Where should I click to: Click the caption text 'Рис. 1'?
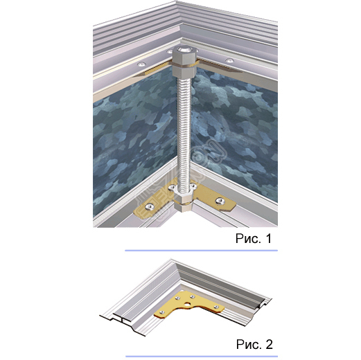(254, 238)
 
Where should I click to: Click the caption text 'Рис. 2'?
(254, 344)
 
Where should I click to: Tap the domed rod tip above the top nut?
(185, 49)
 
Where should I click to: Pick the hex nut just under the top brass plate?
(184, 72)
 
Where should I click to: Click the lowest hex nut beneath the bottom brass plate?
(184, 207)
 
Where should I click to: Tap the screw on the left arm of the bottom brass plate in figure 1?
(150, 206)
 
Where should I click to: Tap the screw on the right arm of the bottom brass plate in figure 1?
(220, 201)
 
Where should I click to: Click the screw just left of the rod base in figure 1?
(173, 188)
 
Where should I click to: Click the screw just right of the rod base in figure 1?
(193, 186)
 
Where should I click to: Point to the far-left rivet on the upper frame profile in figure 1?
(141, 64)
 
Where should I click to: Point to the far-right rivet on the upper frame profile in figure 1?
(229, 60)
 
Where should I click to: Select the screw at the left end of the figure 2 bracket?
(162, 312)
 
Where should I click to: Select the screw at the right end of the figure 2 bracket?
(216, 307)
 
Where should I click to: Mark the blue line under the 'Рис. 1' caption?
(202, 251)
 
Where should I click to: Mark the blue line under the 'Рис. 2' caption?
(202, 357)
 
